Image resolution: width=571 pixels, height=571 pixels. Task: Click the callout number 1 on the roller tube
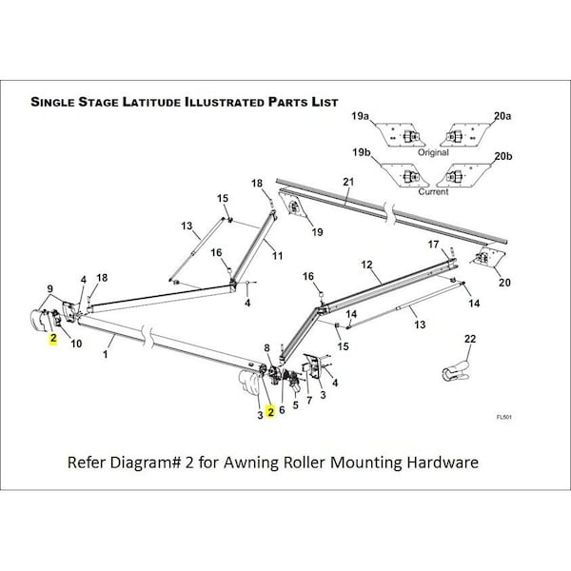click(x=105, y=354)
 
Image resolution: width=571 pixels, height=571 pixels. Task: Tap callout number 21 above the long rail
click(x=348, y=182)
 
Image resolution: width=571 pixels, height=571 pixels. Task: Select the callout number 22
click(x=469, y=340)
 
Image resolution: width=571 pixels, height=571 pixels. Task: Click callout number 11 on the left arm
click(x=277, y=256)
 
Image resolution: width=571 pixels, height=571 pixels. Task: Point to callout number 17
click(x=433, y=245)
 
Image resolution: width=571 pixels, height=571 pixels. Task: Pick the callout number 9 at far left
click(x=50, y=288)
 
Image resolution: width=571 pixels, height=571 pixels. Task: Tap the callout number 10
click(x=76, y=343)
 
